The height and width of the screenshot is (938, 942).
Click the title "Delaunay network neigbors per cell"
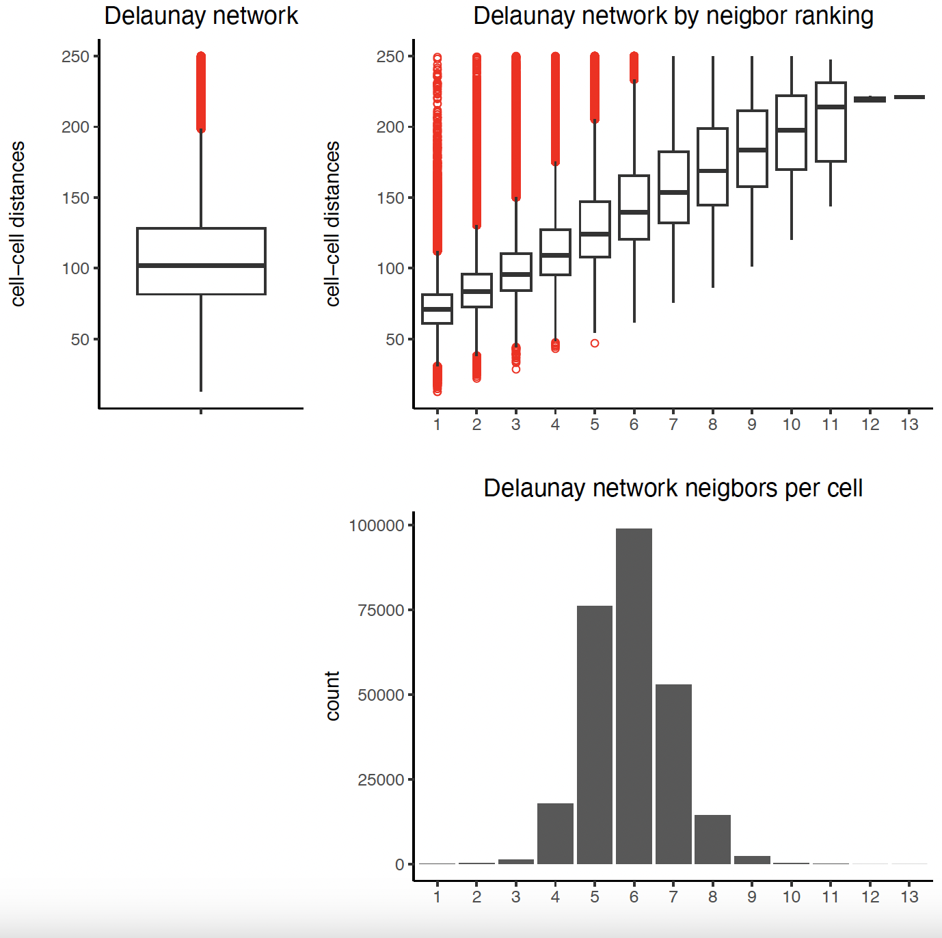coord(673,488)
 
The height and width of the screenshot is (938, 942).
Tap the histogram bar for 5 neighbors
coord(595,735)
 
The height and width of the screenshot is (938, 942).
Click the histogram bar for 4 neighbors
coord(555,833)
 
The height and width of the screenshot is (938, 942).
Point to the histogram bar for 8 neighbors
coord(712,839)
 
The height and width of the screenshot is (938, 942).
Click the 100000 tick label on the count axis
coord(376,525)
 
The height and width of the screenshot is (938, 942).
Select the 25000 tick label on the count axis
coord(381,779)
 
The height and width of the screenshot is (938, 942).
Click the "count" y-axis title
coord(333,696)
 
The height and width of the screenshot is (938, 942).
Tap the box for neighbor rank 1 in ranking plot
coord(437,308)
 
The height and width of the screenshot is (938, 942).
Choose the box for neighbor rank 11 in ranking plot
coord(831,122)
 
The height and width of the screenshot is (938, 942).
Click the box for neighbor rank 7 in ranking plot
coord(673,187)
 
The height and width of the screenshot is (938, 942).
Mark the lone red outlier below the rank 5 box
coord(595,343)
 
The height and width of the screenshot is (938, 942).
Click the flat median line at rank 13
coord(909,97)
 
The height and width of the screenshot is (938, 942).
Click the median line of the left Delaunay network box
coord(201,265)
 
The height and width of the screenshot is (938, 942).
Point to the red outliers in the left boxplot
coord(201,92)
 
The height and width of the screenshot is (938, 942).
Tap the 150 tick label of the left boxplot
coord(75,198)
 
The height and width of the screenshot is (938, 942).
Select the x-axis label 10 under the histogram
coord(791,897)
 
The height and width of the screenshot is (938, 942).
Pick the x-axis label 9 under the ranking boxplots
coord(752,425)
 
